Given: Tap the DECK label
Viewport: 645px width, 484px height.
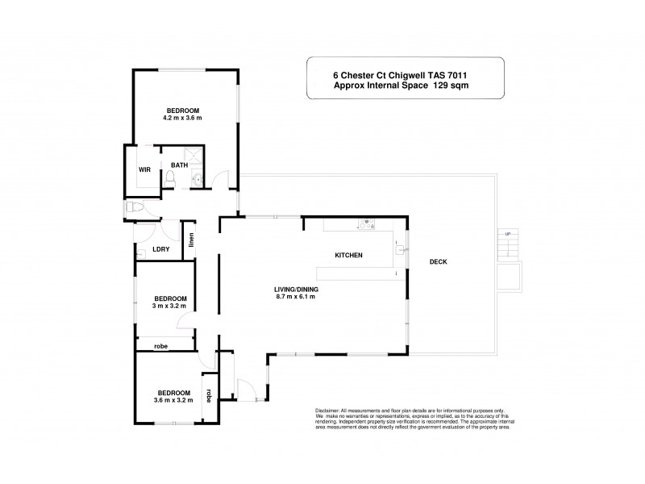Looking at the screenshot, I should (x=438, y=261).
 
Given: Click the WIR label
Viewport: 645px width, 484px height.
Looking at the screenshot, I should (x=145, y=170).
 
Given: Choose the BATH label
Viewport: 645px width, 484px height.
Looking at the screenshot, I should (x=179, y=165).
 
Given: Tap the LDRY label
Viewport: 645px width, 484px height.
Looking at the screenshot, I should (x=160, y=249).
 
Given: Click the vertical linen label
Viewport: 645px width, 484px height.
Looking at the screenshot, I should (x=191, y=240).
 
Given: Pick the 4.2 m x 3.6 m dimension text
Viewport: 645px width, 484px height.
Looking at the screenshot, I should (x=183, y=118).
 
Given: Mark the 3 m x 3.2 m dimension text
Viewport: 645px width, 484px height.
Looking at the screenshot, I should (x=170, y=306).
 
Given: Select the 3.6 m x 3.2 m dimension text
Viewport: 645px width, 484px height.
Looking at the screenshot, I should (x=170, y=399).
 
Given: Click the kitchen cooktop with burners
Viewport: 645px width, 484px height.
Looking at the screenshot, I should (x=366, y=224).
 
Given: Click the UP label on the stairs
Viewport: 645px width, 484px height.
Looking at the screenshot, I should (x=507, y=234).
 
